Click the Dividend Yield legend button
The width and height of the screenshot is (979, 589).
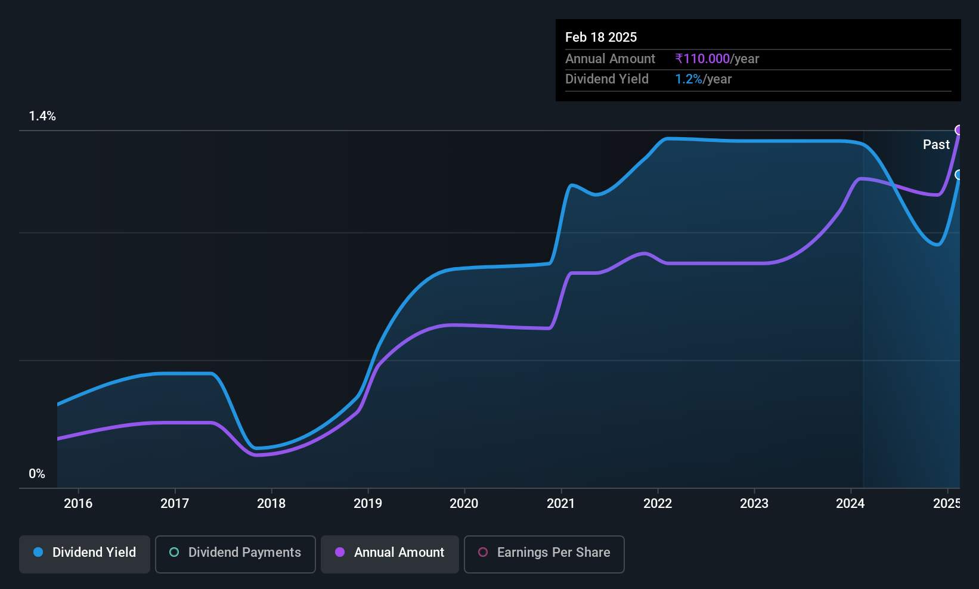click(x=84, y=554)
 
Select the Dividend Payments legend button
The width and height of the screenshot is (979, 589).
click(x=235, y=554)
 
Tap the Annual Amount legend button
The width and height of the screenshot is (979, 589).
click(x=390, y=554)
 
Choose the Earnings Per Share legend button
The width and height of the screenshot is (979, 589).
click(x=544, y=554)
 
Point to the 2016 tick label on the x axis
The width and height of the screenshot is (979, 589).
click(x=78, y=503)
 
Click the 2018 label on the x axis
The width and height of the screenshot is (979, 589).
click(x=271, y=503)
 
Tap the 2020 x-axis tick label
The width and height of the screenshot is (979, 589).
click(x=464, y=503)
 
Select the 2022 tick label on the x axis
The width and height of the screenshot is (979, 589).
click(x=658, y=503)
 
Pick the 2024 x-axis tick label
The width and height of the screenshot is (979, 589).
click(x=850, y=503)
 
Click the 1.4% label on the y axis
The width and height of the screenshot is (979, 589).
click(x=42, y=116)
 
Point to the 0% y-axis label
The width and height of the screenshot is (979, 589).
click(x=37, y=474)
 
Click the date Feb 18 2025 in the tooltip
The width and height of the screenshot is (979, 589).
click(x=601, y=37)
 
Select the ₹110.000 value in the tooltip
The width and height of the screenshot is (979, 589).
click(x=702, y=58)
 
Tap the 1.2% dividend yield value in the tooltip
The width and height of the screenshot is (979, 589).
click(x=689, y=79)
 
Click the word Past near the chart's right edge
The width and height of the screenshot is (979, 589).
click(x=936, y=145)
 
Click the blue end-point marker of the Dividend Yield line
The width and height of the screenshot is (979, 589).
click(x=959, y=175)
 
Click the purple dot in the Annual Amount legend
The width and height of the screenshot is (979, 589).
click(x=340, y=552)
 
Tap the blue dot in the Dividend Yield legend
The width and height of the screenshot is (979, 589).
click(x=38, y=552)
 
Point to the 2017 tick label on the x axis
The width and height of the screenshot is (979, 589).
click(x=175, y=503)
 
